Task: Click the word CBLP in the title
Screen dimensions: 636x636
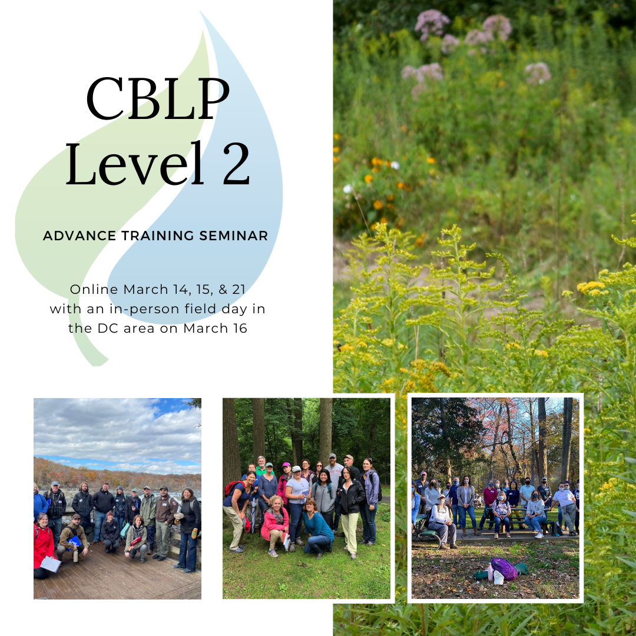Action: tap(157, 98)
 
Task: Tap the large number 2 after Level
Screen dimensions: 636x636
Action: tap(236, 164)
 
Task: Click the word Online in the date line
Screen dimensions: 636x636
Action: tap(94, 289)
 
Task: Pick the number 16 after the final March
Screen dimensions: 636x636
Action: tap(240, 328)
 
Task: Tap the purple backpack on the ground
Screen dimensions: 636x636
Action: tap(504, 569)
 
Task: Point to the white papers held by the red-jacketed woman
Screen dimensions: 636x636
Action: tap(50, 564)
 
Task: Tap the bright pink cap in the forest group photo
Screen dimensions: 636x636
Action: tap(286, 465)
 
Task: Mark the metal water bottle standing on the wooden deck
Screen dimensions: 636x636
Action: tap(75, 555)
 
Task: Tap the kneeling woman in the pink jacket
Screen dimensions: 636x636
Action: tap(274, 526)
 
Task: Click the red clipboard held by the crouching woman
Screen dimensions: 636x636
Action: tap(135, 541)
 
